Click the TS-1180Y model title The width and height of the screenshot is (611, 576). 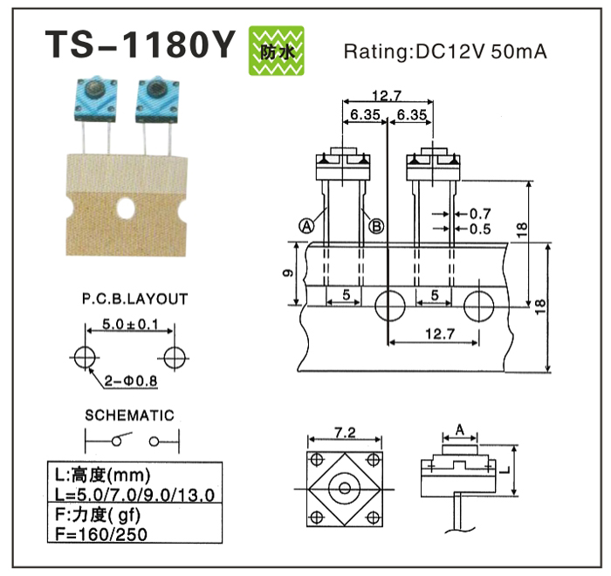[x=140, y=45]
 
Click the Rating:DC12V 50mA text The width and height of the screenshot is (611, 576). [x=445, y=51]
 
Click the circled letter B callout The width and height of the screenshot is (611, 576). [x=377, y=225]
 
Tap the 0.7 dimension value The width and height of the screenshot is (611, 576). [x=480, y=213]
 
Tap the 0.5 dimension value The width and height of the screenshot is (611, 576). [x=480, y=229]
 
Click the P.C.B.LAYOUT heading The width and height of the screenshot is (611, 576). [x=135, y=299]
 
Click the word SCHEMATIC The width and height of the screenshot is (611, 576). [x=130, y=415]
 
